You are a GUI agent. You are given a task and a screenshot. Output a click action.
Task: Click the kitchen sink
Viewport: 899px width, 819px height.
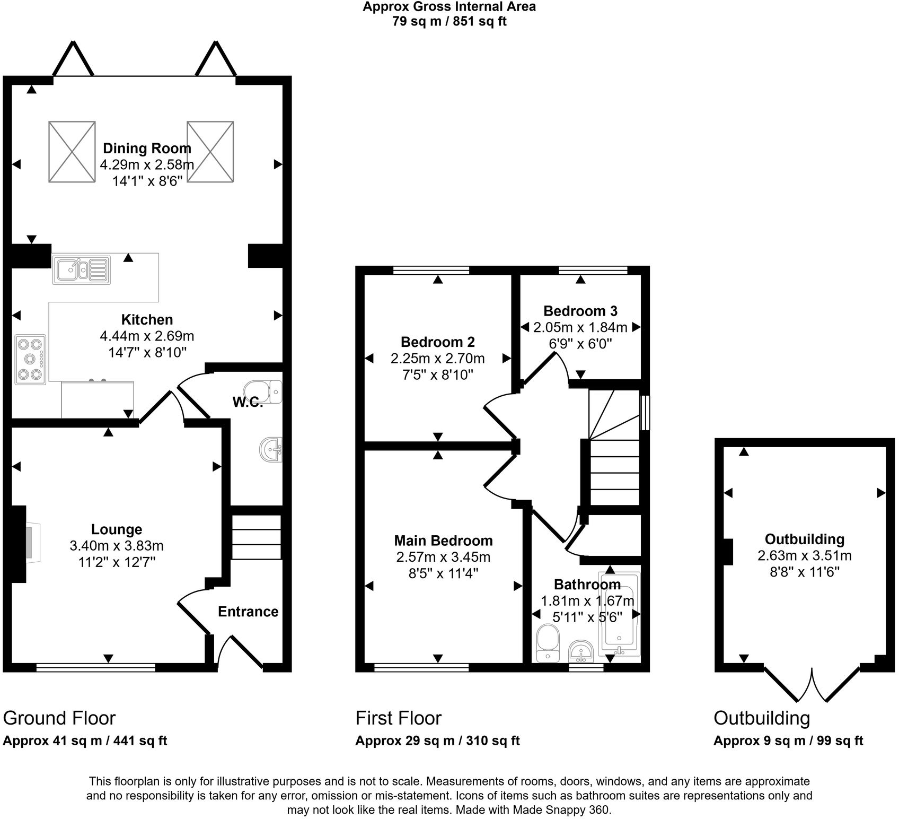coord(82,269)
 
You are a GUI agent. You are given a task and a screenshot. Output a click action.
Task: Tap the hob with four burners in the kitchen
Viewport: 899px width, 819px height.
coord(30,359)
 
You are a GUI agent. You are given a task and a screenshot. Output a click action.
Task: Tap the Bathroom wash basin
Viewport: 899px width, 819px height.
coord(582,651)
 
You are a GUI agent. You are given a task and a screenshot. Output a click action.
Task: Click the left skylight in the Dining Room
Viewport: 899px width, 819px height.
coord(72,152)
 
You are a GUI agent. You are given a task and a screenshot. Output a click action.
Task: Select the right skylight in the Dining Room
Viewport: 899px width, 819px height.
coord(210,152)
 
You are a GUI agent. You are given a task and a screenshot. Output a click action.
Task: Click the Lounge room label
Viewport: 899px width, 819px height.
coord(117,529)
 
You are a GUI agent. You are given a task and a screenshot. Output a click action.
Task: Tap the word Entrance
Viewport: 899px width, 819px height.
coord(248,612)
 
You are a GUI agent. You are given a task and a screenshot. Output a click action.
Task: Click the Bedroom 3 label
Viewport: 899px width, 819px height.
coord(580,311)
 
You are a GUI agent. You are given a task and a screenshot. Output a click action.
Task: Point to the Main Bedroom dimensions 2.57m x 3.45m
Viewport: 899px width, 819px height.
coord(443,557)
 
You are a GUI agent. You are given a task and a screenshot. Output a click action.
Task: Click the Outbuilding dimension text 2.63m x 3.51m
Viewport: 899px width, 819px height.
coord(805,555)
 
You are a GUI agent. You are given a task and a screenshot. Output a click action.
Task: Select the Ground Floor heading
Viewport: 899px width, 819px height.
coord(59,718)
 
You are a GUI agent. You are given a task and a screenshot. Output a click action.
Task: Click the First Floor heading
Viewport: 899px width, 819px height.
coord(398,718)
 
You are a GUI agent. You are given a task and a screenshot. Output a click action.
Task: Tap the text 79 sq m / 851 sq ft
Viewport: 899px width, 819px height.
coord(449,22)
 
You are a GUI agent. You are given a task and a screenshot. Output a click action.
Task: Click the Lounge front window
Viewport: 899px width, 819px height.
coord(96,667)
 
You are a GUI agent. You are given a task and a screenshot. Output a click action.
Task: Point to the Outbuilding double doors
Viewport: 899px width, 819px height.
coord(812,684)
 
